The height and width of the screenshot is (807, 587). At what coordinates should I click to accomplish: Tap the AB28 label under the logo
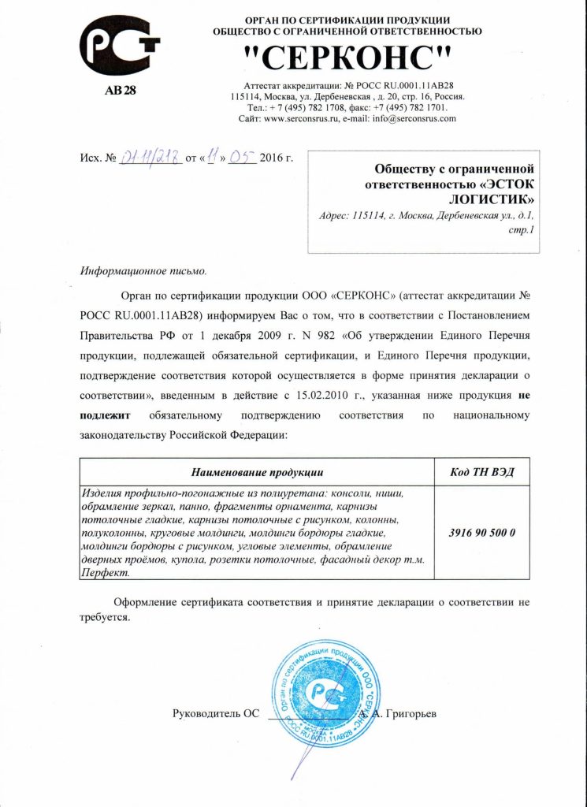click(120, 90)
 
